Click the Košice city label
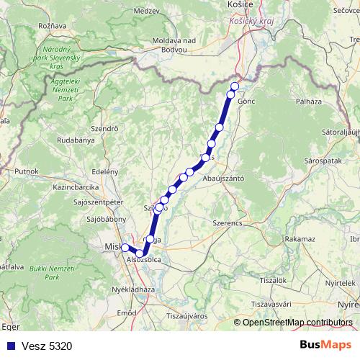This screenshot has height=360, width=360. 239,4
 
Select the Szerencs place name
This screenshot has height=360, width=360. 227,223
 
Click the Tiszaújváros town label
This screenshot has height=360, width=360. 187,315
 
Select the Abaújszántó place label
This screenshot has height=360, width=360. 224,177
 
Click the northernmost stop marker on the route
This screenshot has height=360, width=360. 234,86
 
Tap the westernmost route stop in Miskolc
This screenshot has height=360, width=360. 125,248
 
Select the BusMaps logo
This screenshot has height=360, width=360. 325,345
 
